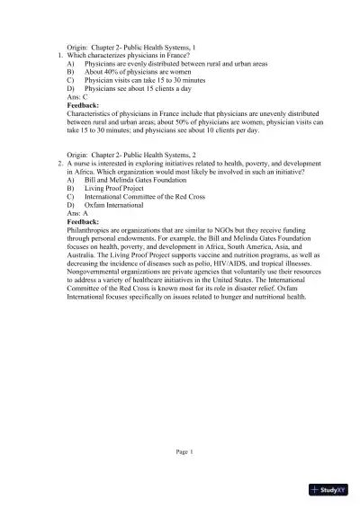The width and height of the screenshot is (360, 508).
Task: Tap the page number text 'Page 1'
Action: click(184, 451)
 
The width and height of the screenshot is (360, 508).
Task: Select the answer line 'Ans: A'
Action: click(79, 213)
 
